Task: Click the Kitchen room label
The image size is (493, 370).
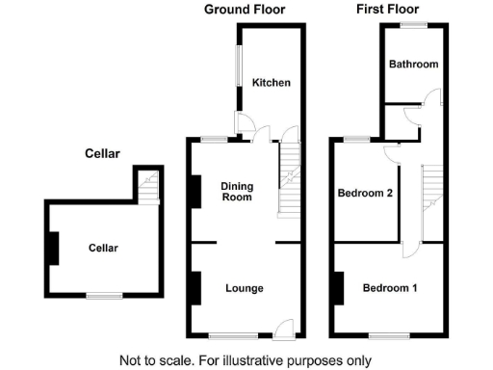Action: point(272,83)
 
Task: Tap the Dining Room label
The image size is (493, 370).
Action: point(236,192)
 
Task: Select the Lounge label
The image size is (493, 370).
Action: point(245,288)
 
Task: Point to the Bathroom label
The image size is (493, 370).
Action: point(413,65)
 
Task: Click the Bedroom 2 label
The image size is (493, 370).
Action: point(365,193)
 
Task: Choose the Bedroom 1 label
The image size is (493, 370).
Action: point(390,288)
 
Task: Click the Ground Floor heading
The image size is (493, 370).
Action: point(245,10)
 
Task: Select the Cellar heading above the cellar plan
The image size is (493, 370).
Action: point(102,153)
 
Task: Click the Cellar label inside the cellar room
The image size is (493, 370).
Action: point(103,248)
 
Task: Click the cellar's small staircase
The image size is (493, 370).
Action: point(147,185)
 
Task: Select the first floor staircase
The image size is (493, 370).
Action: point(432,193)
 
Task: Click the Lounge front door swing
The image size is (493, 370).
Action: point(283,328)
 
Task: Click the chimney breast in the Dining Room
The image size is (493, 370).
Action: point(195,191)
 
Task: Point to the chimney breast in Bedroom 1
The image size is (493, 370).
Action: point(338,288)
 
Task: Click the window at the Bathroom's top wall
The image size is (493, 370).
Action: point(414,24)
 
